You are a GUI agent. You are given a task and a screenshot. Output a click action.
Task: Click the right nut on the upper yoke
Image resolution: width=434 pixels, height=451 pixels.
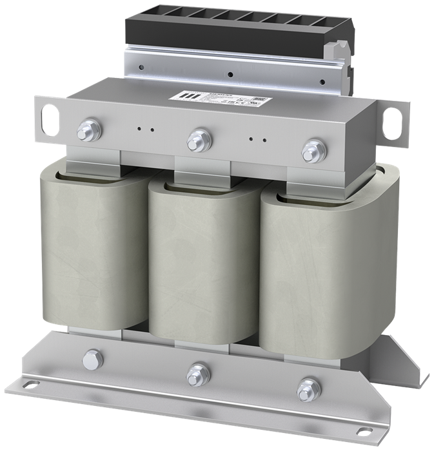(311, 148)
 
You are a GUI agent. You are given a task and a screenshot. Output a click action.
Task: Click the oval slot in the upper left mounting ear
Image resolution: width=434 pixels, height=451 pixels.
(48, 120)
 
